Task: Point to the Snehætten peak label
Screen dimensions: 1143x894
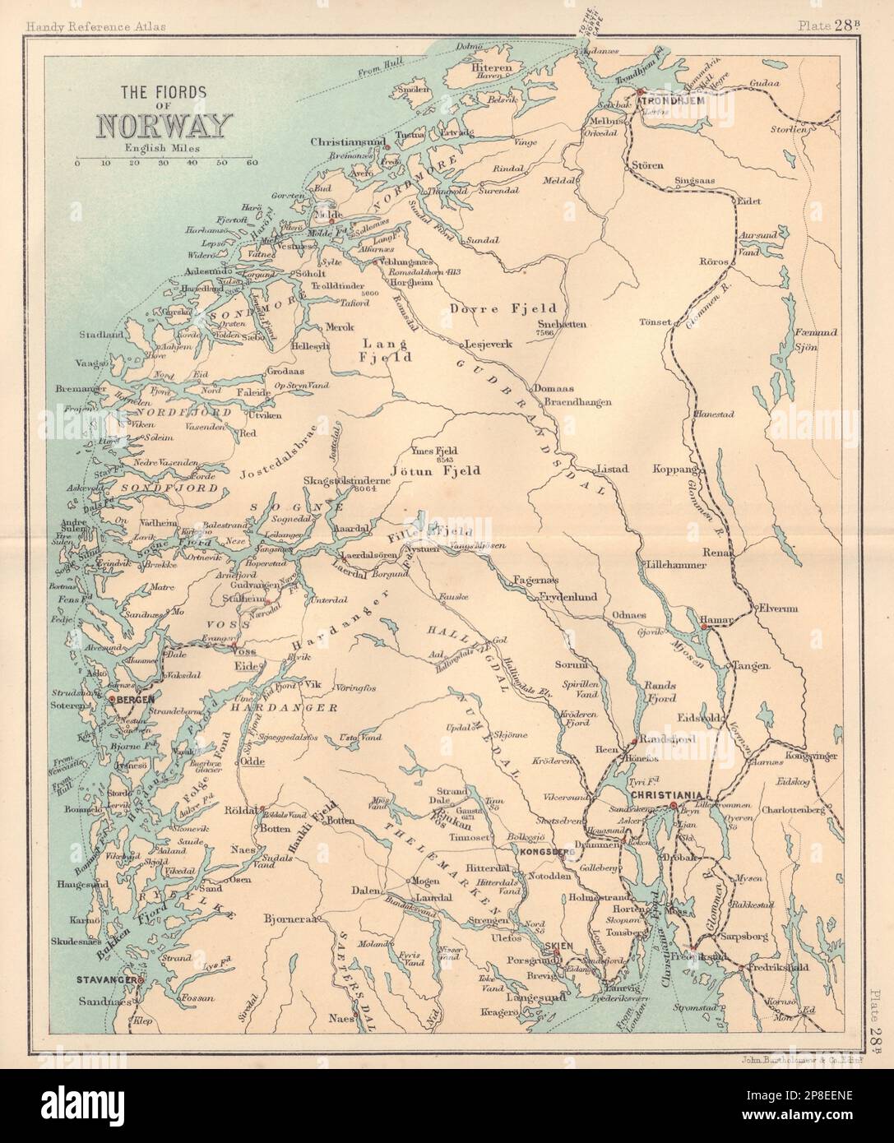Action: point(562,323)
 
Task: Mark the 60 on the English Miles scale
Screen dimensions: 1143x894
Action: point(252,163)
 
